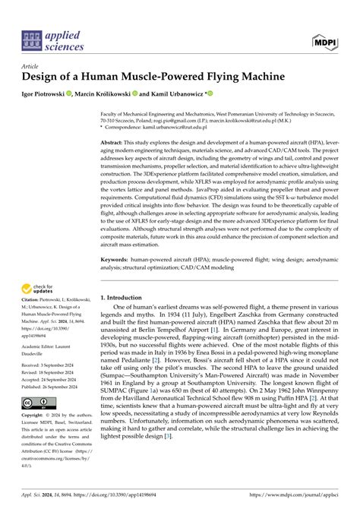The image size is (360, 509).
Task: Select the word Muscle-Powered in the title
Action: click(153, 77)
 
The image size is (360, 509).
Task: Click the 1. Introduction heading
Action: click(125, 299)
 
